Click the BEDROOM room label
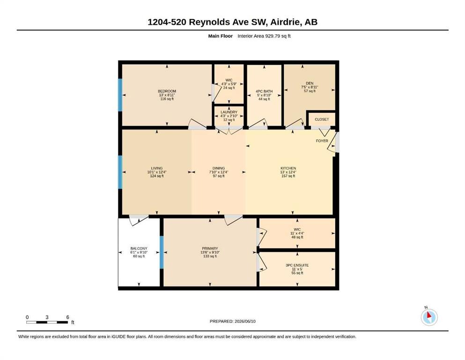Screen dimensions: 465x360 (167, 91)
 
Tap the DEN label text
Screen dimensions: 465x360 (310, 83)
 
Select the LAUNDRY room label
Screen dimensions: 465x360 (229, 112)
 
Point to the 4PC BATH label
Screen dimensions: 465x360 (264, 91)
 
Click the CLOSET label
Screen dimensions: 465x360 (322, 120)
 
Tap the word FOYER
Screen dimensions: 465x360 (322, 141)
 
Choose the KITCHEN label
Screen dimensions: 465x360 (288, 168)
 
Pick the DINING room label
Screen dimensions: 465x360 (219, 168)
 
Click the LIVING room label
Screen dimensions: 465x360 (157, 168)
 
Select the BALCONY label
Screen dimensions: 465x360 (139, 248)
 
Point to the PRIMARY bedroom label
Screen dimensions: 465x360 (210, 248)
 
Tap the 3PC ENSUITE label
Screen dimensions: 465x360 (297, 265)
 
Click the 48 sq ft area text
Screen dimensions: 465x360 (297, 237)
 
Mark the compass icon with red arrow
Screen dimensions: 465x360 (429, 317)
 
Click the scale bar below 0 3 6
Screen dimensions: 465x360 (47, 322)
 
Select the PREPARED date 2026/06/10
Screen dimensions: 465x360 (245, 321)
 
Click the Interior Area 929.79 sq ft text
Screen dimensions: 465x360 (264, 36)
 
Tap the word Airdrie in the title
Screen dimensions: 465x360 (285, 22)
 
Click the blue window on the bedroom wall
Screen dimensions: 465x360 (120, 95)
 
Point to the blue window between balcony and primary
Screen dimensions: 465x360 (162, 252)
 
